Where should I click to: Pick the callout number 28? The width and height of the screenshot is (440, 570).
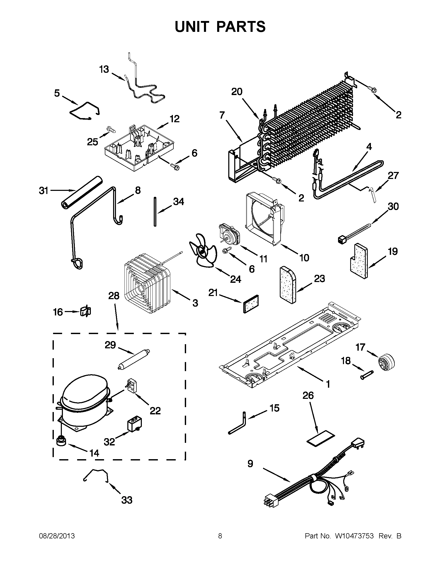point(114,296)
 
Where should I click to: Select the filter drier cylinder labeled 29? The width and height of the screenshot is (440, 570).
point(133,360)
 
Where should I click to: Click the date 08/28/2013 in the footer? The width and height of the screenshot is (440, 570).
point(57,536)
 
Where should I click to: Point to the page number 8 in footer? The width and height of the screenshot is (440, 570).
point(220,536)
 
